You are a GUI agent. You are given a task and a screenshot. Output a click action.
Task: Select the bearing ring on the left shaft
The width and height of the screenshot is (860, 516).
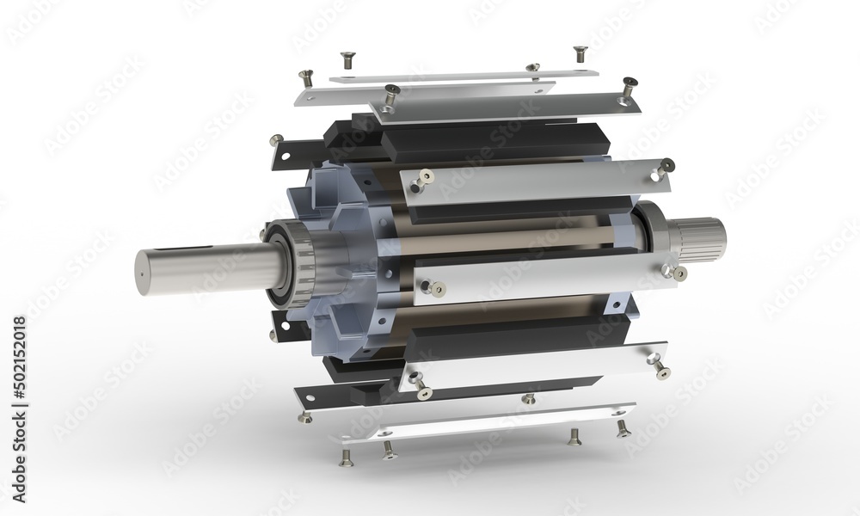[284, 264]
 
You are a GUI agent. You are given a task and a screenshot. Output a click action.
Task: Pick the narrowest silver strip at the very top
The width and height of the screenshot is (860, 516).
[464, 76]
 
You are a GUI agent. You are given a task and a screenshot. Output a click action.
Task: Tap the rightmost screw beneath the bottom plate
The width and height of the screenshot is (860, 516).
[623, 427]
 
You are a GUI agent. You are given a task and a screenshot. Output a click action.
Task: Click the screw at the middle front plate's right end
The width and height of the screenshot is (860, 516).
[679, 273]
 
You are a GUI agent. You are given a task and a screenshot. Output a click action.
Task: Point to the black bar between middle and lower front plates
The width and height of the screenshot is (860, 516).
[507, 331]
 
